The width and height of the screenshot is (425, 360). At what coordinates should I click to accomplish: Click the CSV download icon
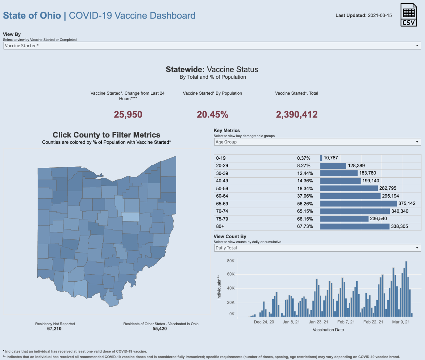coord(408,15)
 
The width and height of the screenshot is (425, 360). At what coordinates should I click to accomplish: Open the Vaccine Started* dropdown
coord(212,46)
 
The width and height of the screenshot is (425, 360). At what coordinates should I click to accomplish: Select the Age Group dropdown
coord(317,142)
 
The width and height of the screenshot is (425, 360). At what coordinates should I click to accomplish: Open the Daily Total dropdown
coord(317,248)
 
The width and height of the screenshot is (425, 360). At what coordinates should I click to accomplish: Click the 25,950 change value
coord(128,115)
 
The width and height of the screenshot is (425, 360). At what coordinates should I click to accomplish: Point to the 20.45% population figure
coord(212,115)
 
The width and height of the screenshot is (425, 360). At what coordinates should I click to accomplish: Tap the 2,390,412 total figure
coord(297,115)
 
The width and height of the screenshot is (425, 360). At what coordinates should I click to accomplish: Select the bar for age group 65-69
coord(358,204)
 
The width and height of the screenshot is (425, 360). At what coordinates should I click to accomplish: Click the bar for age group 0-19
coord(321,158)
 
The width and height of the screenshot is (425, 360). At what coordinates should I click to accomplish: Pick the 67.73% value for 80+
coord(305,226)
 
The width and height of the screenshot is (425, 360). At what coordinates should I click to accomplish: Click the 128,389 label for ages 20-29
coord(356,166)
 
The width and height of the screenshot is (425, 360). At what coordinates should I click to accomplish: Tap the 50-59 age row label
coord(222,189)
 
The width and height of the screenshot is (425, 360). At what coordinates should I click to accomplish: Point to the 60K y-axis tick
coord(231,274)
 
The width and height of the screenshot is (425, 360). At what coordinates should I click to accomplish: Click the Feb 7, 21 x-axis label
coord(346,322)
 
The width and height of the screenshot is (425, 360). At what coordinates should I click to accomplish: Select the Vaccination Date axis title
coord(328,330)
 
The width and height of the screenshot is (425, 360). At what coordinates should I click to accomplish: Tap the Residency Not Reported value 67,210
coord(54,329)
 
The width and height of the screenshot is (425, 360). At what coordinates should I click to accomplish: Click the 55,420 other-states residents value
coord(160,329)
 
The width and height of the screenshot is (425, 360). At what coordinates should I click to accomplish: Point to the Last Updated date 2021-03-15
coord(380,16)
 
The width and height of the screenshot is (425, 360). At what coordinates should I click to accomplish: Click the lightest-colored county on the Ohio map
coord(130,217)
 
